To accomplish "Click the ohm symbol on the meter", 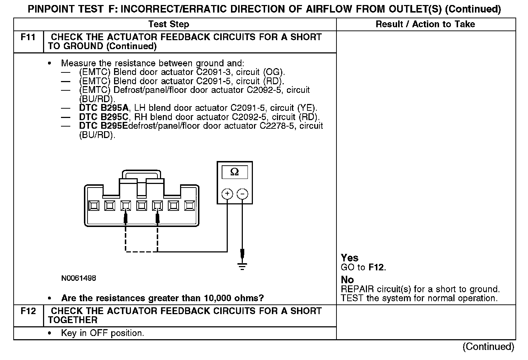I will [x=235, y=172].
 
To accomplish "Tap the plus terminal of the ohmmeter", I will [x=227, y=194].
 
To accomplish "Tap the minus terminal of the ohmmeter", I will [x=242, y=194].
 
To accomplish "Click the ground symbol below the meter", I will [x=242, y=266].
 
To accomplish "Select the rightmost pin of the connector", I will [x=189, y=205].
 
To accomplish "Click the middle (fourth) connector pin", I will [x=141, y=205].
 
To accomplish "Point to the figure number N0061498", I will [x=79, y=278].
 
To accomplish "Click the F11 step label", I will [x=28, y=37].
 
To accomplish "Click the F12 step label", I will [x=28, y=311].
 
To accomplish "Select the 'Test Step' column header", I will [x=169, y=24].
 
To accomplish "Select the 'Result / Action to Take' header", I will [x=425, y=24].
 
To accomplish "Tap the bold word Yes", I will [x=349, y=258].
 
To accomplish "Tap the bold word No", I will [x=347, y=280].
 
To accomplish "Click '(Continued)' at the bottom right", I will [x=488, y=346].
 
